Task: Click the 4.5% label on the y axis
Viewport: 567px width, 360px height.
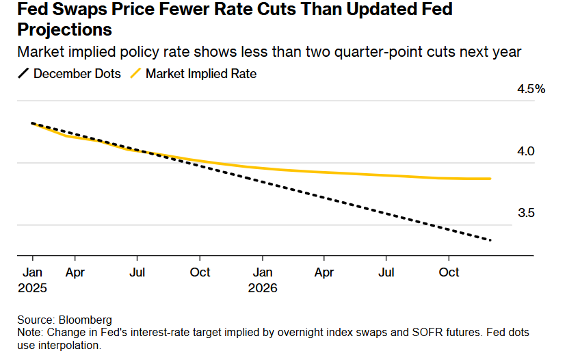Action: (x=531, y=89)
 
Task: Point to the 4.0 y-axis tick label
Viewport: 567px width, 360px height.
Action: (x=525, y=151)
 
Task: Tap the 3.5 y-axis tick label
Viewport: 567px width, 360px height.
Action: (x=525, y=213)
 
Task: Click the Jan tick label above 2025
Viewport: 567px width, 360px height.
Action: (x=32, y=272)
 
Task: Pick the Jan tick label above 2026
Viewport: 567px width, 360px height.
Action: (x=262, y=272)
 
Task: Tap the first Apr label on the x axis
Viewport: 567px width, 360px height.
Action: (x=75, y=272)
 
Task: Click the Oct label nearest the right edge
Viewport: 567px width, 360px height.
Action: (x=449, y=272)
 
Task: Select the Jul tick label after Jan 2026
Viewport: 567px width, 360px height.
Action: (x=386, y=272)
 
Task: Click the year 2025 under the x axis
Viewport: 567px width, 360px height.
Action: (x=33, y=288)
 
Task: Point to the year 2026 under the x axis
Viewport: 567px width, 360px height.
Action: (x=263, y=288)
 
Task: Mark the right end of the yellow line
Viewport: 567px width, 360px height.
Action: (x=490, y=179)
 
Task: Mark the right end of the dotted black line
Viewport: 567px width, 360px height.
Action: (x=490, y=240)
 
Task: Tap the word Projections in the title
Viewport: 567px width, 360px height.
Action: (x=56, y=31)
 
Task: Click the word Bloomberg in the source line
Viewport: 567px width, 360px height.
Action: (x=86, y=320)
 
